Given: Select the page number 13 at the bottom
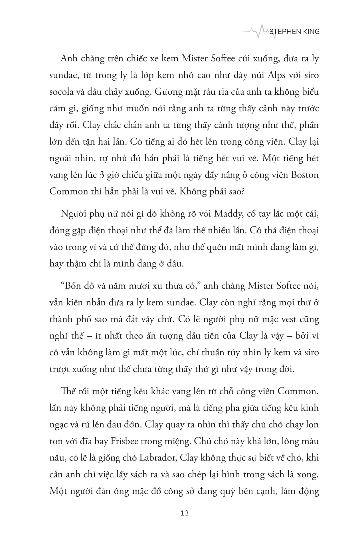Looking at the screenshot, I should point(185,513).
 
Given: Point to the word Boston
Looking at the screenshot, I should point(305,175).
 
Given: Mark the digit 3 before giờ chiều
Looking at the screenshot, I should point(101,175).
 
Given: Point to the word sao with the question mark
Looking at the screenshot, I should point(236,191).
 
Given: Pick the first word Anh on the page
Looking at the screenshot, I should point(67,59).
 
